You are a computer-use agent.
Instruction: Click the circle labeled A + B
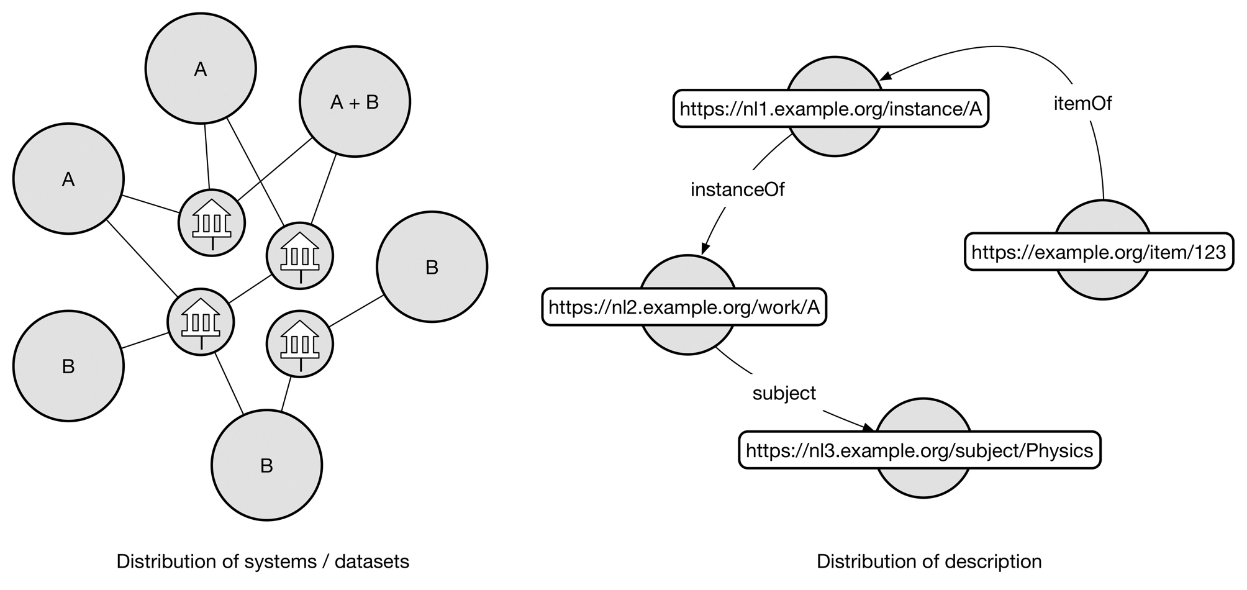355,102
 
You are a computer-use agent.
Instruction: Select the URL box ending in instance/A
830,109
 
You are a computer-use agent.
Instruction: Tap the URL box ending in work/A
684,307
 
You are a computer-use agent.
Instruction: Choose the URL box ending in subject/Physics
919,450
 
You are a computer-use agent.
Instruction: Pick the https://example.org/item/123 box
1098,252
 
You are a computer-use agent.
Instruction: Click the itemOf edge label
1082,103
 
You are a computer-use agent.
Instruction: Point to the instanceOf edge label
737,189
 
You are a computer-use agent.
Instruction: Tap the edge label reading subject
784,393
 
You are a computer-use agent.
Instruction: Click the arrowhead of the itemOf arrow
887,75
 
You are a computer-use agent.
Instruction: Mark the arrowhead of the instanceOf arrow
705,249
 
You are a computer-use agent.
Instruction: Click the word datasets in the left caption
372,562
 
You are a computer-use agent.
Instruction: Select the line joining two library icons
250,289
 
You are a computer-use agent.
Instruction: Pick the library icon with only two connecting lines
300,344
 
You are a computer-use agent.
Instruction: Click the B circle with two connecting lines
266,465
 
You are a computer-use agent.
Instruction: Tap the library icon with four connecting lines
201,322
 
